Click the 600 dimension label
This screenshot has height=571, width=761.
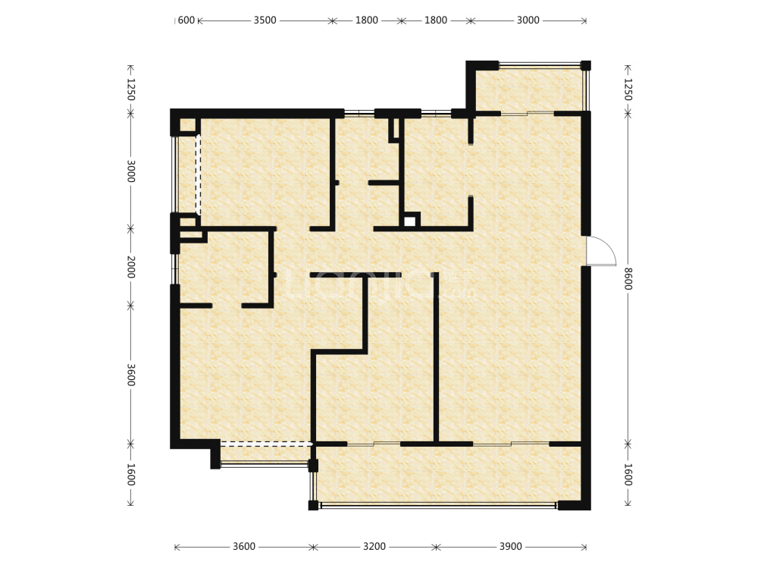click(x=186, y=20)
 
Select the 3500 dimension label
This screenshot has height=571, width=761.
click(x=265, y=20)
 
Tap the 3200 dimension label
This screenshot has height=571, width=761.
click(x=374, y=547)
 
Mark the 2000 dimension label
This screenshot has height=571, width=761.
click(x=130, y=267)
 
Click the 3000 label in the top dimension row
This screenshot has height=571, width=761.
click(x=528, y=20)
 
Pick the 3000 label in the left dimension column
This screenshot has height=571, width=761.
click(x=130, y=171)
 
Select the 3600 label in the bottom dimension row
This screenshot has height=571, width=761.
click(x=244, y=547)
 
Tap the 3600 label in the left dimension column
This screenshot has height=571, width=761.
click(x=130, y=375)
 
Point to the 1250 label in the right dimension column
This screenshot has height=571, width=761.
click(x=628, y=89)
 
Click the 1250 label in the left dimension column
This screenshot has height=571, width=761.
click(x=130, y=89)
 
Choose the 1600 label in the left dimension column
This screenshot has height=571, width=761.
click(x=130, y=474)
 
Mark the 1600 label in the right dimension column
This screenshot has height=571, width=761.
click(x=628, y=474)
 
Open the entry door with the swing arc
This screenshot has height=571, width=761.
click(x=599, y=251)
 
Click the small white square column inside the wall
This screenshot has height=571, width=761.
click(x=409, y=221)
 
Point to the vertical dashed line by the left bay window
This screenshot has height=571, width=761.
click(x=199, y=174)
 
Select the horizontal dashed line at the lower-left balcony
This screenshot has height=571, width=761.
click(x=265, y=443)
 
